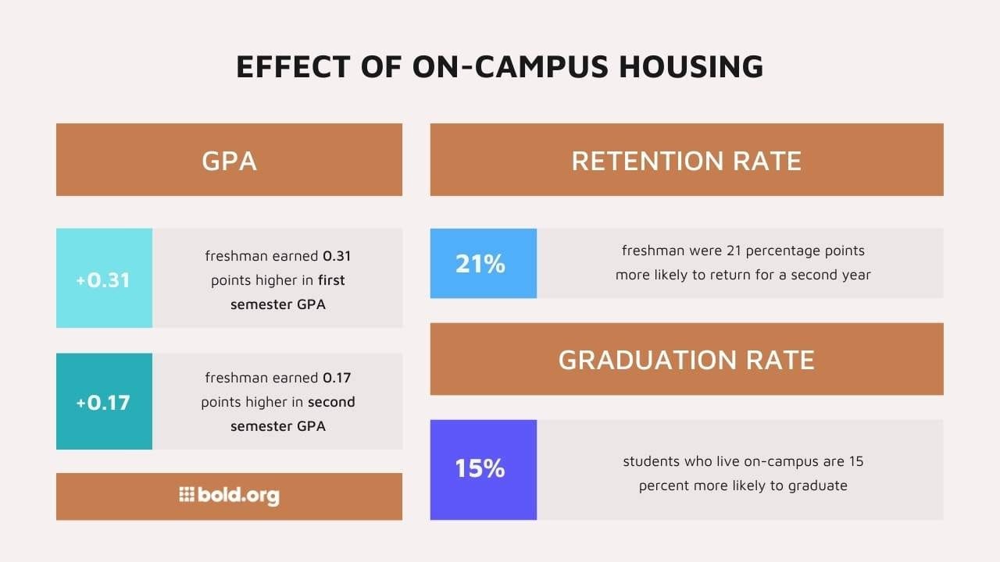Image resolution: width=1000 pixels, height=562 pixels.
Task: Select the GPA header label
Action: (x=229, y=161)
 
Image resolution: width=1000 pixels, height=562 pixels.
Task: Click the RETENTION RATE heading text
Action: (x=686, y=161)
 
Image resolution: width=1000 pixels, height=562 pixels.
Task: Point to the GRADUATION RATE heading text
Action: (x=686, y=360)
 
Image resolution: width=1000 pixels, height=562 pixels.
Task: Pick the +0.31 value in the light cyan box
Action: (x=103, y=279)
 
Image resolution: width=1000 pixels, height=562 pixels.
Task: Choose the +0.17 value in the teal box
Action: (x=103, y=403)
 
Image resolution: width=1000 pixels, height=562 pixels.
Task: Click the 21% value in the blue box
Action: (x=480, y=264)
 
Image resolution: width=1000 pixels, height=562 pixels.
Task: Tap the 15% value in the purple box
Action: (x=480, y=469)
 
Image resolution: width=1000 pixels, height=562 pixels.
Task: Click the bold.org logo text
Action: (x=238, y=496)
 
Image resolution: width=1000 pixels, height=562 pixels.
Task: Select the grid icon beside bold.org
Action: (x=186, y=494)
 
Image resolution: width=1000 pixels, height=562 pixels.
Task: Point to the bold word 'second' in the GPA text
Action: (x=331, y=403)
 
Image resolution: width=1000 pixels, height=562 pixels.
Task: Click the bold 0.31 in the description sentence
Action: (x=337, y=256)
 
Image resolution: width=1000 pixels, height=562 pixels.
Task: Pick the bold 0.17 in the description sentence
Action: (x=337, y=379)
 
